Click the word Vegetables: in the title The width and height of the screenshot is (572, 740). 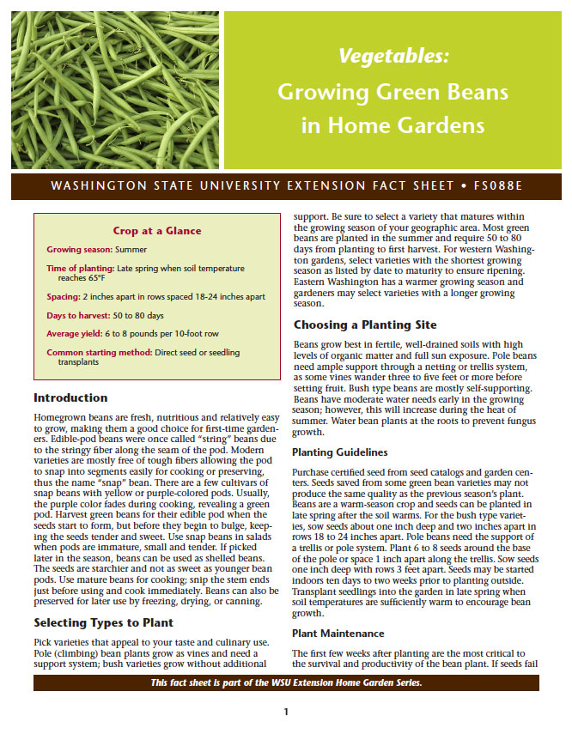point(393,57)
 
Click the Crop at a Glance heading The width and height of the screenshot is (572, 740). point(157,230)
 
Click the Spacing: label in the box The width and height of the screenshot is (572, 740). point(64,296)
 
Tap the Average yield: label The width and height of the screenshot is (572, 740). point(75,333)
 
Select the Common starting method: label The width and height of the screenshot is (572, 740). point(95,352)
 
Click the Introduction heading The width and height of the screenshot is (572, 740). point(70,397)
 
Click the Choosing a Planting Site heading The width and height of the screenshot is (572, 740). point(365,325)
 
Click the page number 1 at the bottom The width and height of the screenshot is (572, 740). point(286,712)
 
